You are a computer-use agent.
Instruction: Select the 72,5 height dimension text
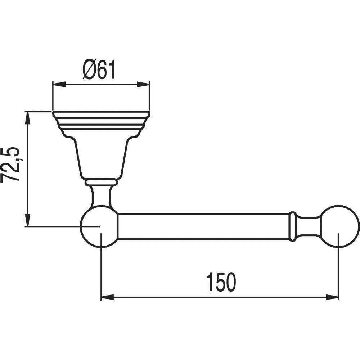(10, 165)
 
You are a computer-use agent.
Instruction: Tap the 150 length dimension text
(221, 282)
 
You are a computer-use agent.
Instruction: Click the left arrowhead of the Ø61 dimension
(59, 84)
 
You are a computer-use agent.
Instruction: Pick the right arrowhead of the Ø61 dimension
(143, 84)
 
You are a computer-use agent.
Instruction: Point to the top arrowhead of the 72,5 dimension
(28, 118)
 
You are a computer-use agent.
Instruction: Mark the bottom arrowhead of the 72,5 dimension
(28, 220)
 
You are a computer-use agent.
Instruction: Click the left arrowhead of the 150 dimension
(107, 297)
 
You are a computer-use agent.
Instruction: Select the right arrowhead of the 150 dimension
(332, 297)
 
